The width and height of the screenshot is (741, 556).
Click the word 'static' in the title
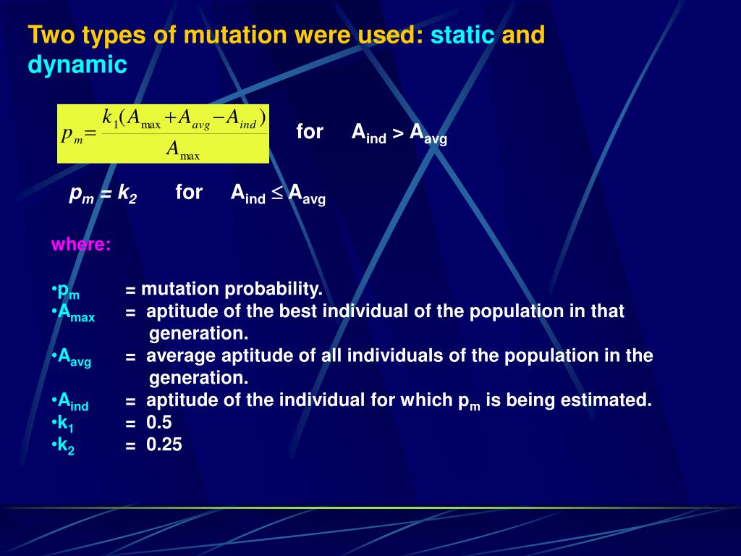462,35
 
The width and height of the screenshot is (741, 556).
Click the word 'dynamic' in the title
77,64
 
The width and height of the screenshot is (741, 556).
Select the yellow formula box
163,134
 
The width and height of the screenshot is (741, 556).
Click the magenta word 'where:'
81,244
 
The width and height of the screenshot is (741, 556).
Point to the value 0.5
158,422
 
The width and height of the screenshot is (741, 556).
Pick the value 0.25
164,445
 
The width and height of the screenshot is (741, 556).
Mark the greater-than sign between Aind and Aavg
398,133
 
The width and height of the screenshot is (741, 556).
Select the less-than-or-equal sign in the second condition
277,193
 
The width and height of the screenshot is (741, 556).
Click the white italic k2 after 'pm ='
127,193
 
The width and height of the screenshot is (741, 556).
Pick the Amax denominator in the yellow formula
183,150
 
